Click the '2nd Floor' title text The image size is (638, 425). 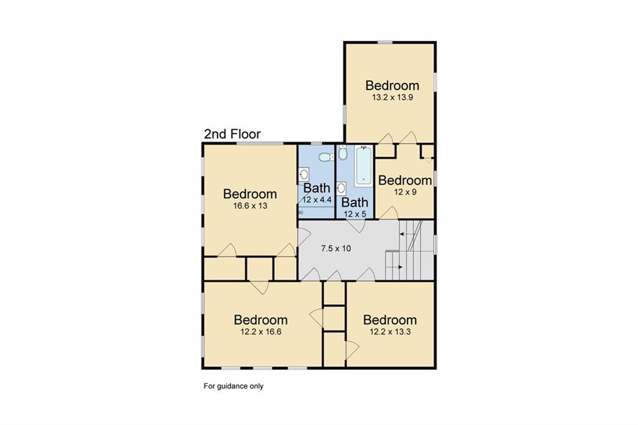click(232, 134)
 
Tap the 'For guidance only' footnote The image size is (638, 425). click(234, 386)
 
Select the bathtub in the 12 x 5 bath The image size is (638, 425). click(363, 166)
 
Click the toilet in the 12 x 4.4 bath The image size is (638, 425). click(326, 157)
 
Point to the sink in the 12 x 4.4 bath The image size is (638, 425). click(304, 174)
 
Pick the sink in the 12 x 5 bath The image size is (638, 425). click(341, 188)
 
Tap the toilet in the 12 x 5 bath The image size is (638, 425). click(343, 153)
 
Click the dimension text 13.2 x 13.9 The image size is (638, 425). click(393, 97)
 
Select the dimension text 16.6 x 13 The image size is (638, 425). click(250, 206)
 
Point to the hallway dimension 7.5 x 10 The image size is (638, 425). click(336, 248)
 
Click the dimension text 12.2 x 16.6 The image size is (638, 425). click(261, 332)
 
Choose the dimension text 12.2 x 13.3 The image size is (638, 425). click(390, 332)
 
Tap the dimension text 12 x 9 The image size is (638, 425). click(405, 192)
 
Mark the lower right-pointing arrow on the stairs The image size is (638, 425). click(396, 267)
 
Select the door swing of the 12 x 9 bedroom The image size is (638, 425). click(390, 212)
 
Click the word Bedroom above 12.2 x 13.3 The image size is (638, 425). click(390, 320)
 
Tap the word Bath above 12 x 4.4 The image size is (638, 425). click(317, 188)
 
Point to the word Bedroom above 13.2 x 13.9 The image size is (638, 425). click(393, 85)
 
